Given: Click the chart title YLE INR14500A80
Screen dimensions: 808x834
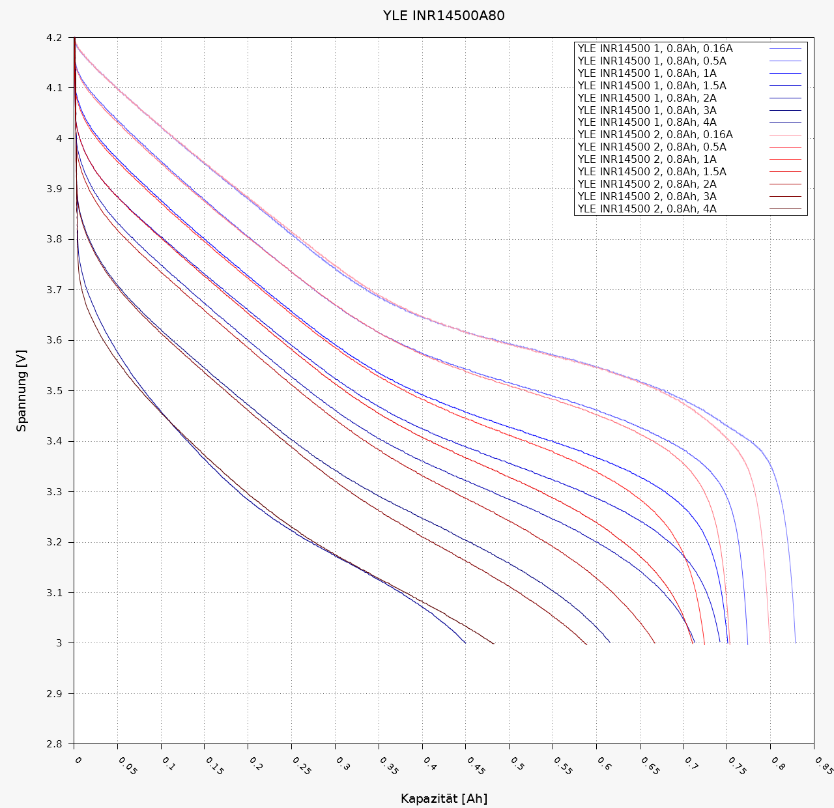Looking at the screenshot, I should (443, 16).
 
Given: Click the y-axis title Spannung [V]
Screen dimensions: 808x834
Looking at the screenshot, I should (22, 390).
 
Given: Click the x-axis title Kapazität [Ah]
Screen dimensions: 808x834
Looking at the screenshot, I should (444, 798).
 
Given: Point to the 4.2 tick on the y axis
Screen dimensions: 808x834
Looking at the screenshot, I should (54, 38).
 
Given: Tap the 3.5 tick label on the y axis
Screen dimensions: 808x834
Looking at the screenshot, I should (54, 391).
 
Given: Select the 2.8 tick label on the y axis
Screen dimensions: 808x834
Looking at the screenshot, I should (54, 744).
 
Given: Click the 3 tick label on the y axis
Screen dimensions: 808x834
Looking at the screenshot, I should (59, 643).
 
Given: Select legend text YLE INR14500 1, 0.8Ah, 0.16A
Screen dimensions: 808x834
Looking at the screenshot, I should (655, 49).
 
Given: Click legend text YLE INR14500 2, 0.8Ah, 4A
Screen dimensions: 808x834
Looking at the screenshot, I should (647, 209).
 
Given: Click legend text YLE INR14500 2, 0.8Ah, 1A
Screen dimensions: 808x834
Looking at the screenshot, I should (647, 160).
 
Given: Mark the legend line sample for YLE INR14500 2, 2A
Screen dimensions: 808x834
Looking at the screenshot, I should (785, 184).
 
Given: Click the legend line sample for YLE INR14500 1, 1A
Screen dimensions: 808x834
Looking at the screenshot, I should (785, 74).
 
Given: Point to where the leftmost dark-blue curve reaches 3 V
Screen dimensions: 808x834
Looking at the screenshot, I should (465, 642).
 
